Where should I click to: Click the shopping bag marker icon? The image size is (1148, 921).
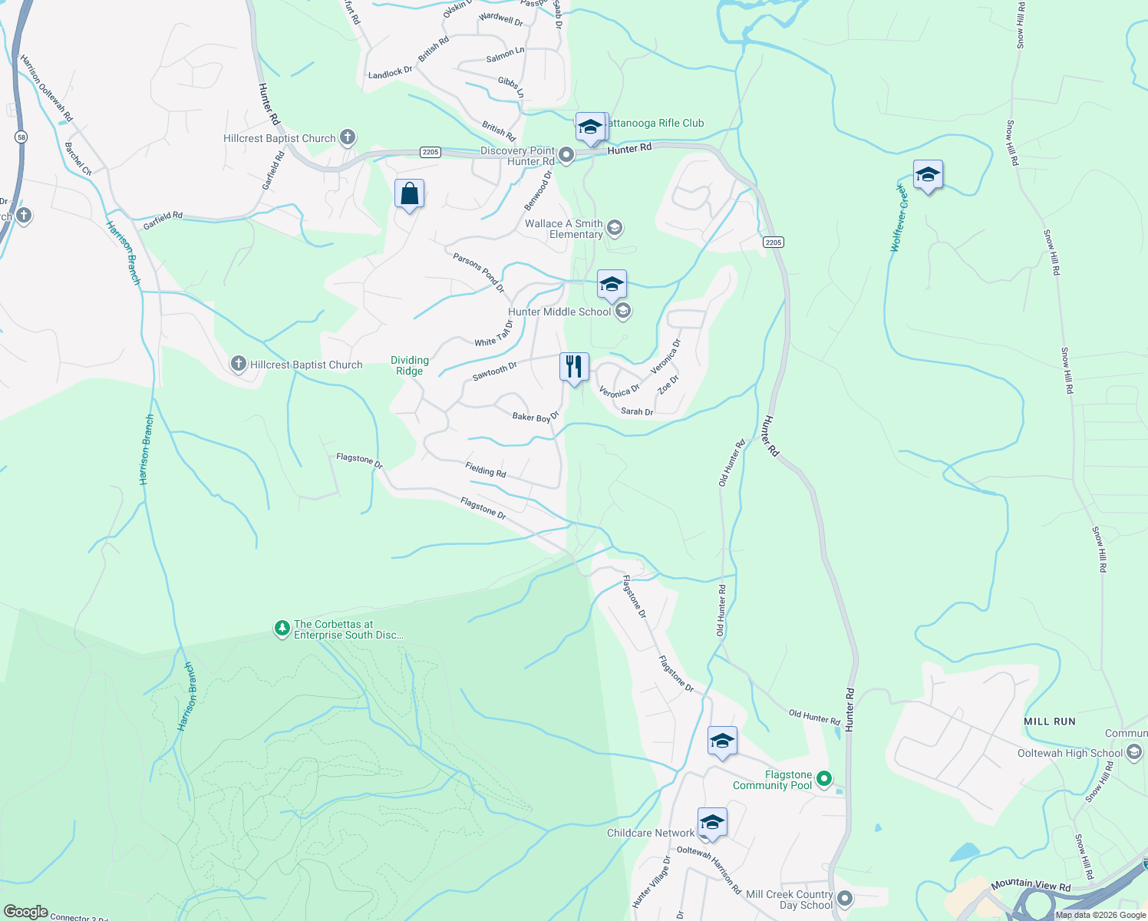point(409,194)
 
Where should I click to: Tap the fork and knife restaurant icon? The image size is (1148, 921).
point(574,367)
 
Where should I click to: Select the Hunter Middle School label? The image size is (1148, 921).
point(560,312)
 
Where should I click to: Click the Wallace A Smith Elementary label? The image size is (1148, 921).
point(564,229)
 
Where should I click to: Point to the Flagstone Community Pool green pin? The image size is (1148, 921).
point(824,779)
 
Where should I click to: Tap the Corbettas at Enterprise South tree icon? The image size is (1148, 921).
point(282,629)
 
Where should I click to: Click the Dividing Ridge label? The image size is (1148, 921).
point(410,365)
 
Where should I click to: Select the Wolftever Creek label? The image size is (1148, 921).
point(899,218)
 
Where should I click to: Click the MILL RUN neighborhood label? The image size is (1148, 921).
point(1050,721)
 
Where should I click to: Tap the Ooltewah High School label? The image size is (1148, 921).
point(1070,753)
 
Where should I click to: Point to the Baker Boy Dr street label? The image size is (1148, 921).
point(536,417)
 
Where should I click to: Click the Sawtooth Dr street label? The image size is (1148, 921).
point(495,371)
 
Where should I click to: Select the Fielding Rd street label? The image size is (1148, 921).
point(486,469)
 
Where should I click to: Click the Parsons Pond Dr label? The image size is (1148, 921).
point(479,272)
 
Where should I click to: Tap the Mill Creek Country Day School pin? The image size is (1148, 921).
point(845,898)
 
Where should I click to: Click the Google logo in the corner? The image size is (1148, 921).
point(26,912)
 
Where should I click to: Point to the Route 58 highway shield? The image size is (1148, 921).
point(21,137)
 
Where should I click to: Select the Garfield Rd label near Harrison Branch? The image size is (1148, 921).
point(163,220)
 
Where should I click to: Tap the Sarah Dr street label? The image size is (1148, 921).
point(637,412)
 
